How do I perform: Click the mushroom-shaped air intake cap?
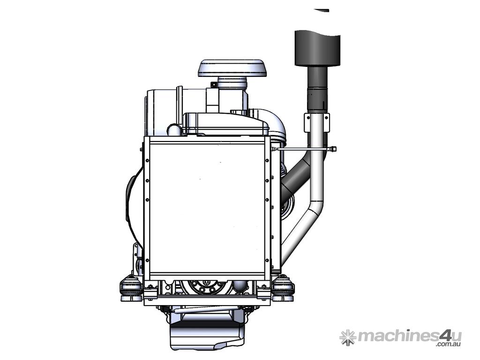pyautogui.click(x=232, y=68)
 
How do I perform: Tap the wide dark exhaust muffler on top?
pyautogui.click(x=317, y=48)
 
